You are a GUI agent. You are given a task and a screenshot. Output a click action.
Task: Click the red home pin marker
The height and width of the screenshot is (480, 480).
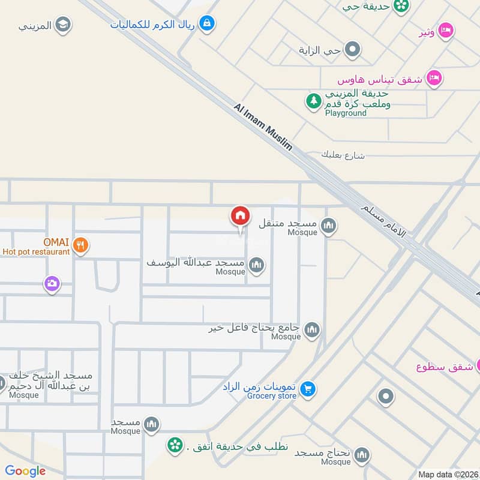pos(240,216)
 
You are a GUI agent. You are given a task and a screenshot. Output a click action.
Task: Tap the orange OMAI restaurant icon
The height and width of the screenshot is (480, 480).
pos(80,244)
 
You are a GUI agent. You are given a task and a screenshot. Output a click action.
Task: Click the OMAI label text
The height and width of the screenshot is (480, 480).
pos(56,242)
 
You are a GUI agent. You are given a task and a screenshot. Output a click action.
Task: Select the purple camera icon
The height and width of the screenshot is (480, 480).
pos(52,284)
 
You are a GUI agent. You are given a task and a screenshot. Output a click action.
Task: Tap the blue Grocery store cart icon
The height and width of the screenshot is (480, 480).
pos(308,389)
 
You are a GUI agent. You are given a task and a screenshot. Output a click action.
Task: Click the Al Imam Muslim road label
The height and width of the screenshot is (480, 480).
pos(263,128)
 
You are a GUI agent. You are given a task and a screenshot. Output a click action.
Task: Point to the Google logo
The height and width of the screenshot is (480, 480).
pos(25,471)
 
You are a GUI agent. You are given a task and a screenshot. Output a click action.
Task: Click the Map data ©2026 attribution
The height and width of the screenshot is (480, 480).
pos(447,474)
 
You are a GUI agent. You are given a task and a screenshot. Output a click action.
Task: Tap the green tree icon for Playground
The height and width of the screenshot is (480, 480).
pos(313,101)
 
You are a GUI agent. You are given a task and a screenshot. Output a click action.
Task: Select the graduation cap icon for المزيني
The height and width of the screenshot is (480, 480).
pos(62,25)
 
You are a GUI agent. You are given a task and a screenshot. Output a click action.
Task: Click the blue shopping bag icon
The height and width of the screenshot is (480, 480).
pos(206,23)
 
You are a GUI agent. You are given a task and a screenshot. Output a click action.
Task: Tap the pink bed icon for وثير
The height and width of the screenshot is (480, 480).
pos(445,30)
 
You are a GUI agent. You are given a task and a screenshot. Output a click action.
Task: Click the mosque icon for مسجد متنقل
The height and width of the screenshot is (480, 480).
pos(328,226)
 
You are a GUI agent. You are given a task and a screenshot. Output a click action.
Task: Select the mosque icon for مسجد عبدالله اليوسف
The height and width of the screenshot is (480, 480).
pos(256,265)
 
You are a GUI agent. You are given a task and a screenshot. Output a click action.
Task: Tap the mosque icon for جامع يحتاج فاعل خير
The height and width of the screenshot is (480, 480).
pos(311,329)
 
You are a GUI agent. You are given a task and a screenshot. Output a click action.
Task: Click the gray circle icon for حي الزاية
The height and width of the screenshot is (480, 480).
pos(352,50)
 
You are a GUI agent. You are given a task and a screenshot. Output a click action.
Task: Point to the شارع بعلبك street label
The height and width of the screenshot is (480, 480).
pos(343,155)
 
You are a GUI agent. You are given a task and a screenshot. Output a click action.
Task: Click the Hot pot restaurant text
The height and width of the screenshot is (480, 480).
pos(36,252)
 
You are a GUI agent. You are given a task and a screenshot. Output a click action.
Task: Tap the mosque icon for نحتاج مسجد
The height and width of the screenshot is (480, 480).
pos(361,455)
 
